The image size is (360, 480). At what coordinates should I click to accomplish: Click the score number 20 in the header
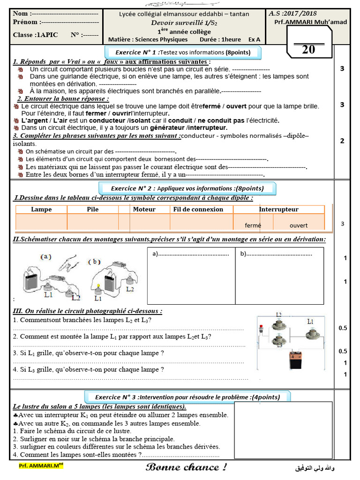(308, 49)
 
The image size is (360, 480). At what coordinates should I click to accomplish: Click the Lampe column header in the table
(41, 210)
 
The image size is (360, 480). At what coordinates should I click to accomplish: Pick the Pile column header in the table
(93, 210)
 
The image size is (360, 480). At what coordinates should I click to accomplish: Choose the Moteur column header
(144, 210)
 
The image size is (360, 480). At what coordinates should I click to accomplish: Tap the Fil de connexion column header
(198, 210)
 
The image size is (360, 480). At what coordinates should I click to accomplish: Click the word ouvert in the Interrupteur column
(299, 225)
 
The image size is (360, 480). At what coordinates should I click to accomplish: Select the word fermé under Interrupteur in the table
(253, 225)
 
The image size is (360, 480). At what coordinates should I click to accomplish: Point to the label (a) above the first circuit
(47, 257)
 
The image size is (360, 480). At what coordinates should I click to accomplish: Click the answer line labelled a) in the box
(190, 254)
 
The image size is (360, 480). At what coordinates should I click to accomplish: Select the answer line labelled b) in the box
(276, 254)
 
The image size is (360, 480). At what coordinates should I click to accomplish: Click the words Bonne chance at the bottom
(186, 467)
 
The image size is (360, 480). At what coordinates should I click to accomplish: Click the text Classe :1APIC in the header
(36, 35)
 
